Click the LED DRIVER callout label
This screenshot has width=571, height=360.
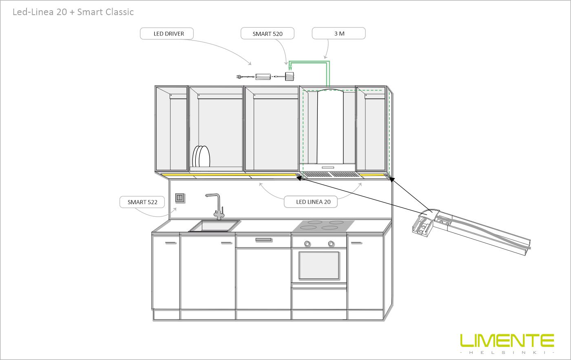pos(167,34)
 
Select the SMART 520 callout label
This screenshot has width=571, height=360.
pos(268,34)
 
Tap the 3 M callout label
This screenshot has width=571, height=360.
pos(339,33)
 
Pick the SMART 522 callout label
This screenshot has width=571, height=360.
pos(142,202)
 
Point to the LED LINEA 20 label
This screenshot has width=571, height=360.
pos(311,202)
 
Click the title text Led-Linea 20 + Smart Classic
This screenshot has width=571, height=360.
pos(73,12)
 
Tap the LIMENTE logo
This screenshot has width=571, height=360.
pos(507,343)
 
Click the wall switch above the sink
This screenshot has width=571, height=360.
pos(180,198)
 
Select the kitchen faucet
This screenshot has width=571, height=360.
pos(216,207)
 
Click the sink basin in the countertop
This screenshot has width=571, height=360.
pos(215,226)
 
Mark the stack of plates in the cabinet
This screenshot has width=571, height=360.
pos(201,156)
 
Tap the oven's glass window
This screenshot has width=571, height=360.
pos(319,265)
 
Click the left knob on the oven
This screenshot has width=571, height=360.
pos(307,244)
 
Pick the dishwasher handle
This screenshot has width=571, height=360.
pos(263,240)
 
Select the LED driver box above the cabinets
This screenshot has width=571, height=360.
pos(263,77)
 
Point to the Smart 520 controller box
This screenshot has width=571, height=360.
pos(289,76)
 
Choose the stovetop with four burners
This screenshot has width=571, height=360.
pos(323,226)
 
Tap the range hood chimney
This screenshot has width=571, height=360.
pos(330,127)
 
